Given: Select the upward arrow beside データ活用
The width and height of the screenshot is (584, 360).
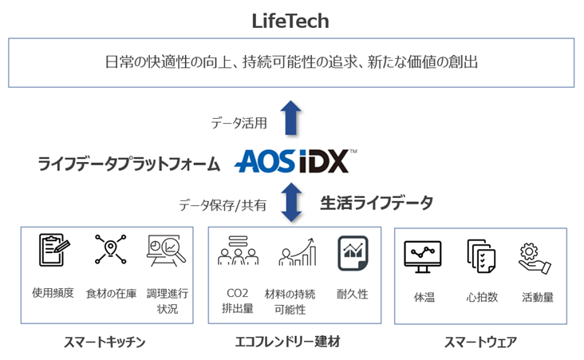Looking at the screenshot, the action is pyautogui.click(x=292, y=117).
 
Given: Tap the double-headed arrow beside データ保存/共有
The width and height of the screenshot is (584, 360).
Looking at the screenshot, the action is pyautogui.click(x=292, y=202).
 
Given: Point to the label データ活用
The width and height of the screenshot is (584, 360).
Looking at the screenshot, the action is pyautogui.click(x=238, y=122).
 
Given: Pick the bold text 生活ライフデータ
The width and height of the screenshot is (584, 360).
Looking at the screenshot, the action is pyautogui.click(x=377, y=203).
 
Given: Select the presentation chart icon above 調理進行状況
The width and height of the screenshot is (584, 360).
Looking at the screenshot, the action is pyautogui.click(x=166, y=251).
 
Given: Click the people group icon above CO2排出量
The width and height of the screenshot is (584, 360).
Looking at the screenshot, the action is pyautogui.click(x=236, y=251).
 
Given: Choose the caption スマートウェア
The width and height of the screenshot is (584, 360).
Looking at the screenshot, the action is pyautogui.click(x=480, y=343).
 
